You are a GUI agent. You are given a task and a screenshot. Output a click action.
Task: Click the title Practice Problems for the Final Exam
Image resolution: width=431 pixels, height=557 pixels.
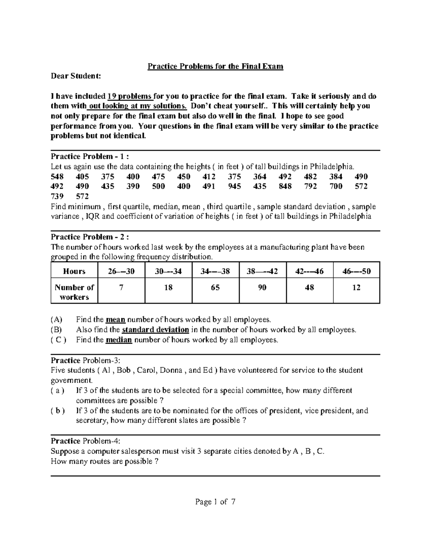click(x=215, y=66)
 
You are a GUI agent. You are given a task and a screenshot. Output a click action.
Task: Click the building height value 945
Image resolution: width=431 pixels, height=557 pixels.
click(x=235, y=186)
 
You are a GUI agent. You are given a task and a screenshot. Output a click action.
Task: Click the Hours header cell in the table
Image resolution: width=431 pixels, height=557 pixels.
click(x=74, y=272)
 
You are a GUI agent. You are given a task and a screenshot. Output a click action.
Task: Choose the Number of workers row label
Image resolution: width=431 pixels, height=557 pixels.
click(x=74, y=292)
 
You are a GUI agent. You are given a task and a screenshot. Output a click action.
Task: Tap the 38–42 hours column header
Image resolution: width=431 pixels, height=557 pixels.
click(x=262, y=272)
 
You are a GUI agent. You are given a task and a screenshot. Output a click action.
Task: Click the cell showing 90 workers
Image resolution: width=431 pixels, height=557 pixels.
click(x=262, y=288)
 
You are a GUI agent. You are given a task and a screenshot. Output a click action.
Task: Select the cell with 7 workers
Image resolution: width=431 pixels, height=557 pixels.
click(x=121, y=288)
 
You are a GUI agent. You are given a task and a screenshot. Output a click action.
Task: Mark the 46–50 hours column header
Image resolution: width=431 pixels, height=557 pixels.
click(x=356, y=272)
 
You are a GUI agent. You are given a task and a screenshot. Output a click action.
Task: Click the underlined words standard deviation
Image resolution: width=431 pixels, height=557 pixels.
click(x=156, y=330)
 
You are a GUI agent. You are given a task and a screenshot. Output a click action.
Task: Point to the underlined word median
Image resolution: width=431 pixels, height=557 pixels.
click(x=119, y=340)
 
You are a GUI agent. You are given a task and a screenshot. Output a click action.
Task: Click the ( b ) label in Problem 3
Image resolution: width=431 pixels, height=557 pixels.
click(x=58, y=411)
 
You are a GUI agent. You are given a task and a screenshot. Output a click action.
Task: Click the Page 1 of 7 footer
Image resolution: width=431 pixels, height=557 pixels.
click(x=215, y=502)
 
